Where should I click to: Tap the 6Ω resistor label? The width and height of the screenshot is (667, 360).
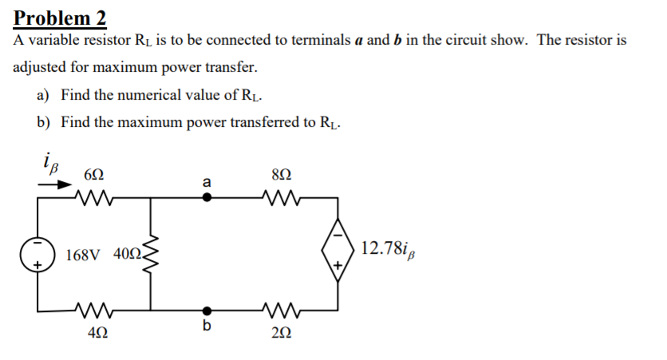pos(93,175)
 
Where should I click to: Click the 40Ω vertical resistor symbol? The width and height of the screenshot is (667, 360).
pos(151,255)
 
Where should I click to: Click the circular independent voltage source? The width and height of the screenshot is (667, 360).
pos(37,255)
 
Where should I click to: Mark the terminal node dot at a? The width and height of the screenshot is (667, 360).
pos(207,199)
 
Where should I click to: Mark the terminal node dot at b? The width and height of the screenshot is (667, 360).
pos(207,310)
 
